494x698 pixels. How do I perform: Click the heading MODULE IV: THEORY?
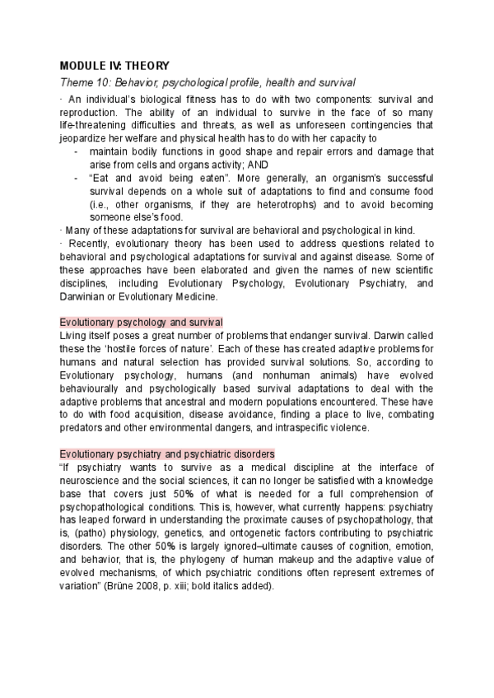click(x=114, y=66)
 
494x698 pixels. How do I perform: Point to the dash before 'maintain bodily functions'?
click(x=76, y=151)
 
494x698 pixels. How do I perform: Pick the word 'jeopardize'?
click(x=85, y=137)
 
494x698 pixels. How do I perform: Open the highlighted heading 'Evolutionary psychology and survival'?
click(x=141, y=322)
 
